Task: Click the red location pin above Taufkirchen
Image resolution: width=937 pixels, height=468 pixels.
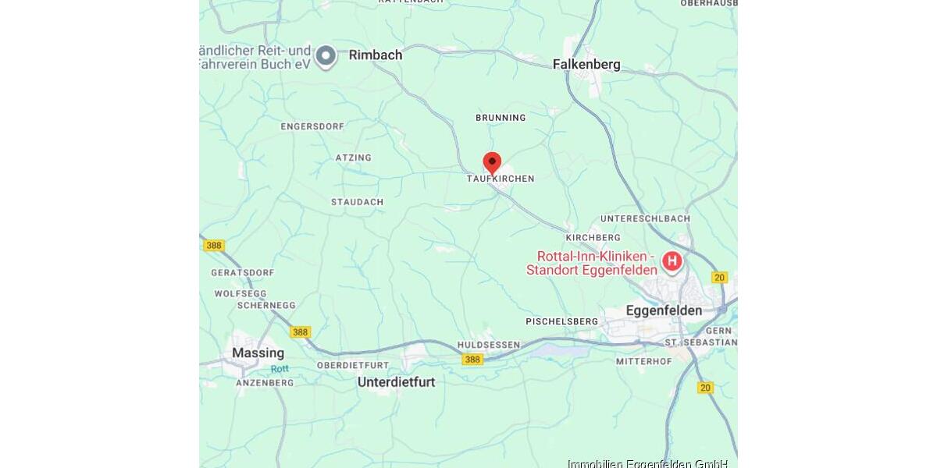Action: click(492, 162)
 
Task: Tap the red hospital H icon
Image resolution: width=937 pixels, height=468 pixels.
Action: click(672, 261)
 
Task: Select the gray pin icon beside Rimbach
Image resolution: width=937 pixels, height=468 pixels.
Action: click(326, 55)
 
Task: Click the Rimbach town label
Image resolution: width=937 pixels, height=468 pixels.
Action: click(376, 55)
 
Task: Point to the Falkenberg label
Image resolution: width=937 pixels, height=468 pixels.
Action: click(586, 65)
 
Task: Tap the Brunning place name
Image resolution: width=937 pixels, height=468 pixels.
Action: click(501, 118)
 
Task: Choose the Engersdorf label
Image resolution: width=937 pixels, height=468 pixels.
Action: click(312, 126)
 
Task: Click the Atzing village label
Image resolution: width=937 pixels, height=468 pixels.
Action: click(353, 158)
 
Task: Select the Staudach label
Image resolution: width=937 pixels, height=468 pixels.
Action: click(357, 202)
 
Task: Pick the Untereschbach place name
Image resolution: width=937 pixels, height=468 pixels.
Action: click(645, 218)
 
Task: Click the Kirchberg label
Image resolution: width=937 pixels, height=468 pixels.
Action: click(593, 237)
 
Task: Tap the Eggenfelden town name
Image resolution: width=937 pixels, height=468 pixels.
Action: click(664, 310)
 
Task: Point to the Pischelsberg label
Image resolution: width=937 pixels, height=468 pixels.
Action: click(561, 321)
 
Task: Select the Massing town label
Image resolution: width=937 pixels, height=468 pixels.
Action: click(258, 353)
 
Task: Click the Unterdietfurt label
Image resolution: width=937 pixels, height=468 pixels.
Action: click(396, 382)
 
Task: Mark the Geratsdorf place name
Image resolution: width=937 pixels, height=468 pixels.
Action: click(243, 273)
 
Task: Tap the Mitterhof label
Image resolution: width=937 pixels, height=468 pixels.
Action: click(643, 361)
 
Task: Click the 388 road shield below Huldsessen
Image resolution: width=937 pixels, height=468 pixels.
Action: click(472, 360)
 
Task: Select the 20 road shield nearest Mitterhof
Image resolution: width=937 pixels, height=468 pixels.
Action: click(706, 388)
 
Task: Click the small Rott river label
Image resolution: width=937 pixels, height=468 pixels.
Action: click(280, 369)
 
